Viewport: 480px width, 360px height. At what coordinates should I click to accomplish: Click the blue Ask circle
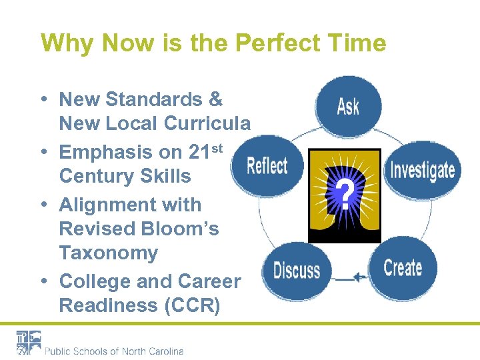(x=348, y=105)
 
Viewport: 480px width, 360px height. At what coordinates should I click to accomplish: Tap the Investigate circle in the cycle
(x=421, y=169)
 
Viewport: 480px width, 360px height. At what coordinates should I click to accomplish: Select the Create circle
(x=403, y=268)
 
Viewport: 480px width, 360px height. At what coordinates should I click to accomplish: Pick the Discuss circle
(x=297, y=271)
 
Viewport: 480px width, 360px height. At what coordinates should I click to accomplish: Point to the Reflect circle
(x=267, y=166)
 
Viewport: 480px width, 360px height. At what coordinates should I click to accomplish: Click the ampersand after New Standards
(x=215, y=99)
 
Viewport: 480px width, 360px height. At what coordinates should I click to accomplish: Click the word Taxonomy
(x=108, y=253)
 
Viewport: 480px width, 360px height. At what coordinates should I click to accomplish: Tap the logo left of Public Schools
(x=29, y=343)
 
